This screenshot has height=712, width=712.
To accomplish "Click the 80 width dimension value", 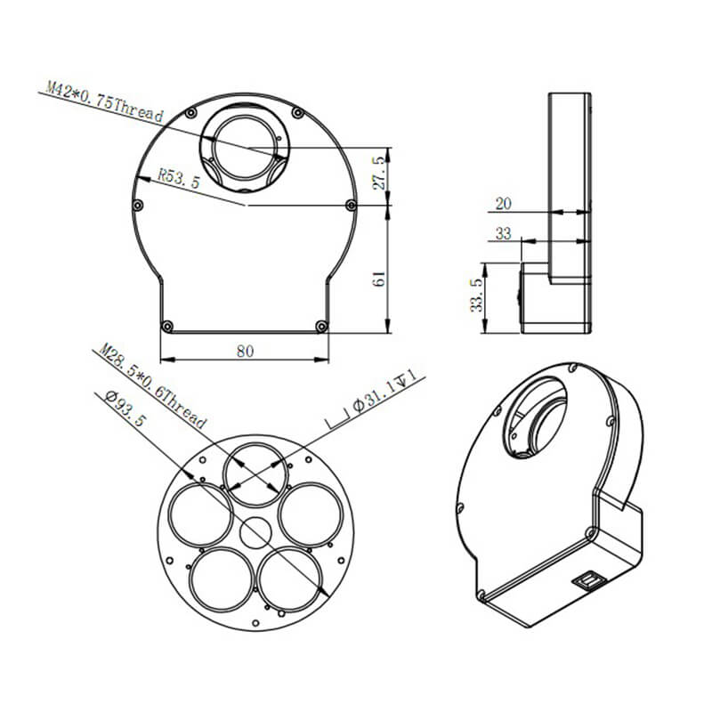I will click(245, 351).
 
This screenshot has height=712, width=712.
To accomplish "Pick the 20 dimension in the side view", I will click(503, 204).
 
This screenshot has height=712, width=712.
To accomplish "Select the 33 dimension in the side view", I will click(503, 233).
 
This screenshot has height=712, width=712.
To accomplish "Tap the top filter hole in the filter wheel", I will click(254, 468).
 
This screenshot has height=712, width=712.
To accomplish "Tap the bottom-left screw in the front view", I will click(166, 327).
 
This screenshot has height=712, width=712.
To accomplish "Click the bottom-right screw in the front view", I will click(321, 327).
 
